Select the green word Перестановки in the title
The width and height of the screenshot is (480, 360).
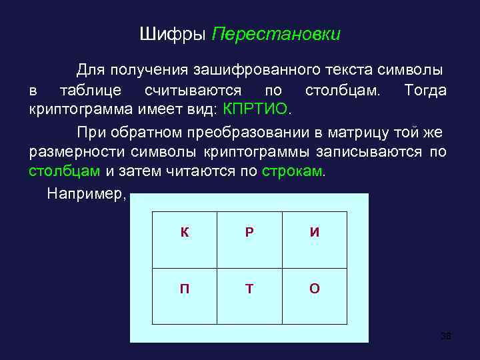[x=276, y=34]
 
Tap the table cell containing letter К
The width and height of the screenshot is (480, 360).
[x=184, y=233]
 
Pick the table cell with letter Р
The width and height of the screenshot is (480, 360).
[x=249, y=233]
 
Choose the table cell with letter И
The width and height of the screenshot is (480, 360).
[x=314, y=233]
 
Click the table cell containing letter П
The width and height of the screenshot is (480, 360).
[x=184, y=288]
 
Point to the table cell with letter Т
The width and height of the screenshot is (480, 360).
[x=249, y=288]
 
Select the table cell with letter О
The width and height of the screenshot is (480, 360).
[x=314, y=288]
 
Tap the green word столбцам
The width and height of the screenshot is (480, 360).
[x=64, y=171]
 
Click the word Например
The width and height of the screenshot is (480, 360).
[x=85, y=193]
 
